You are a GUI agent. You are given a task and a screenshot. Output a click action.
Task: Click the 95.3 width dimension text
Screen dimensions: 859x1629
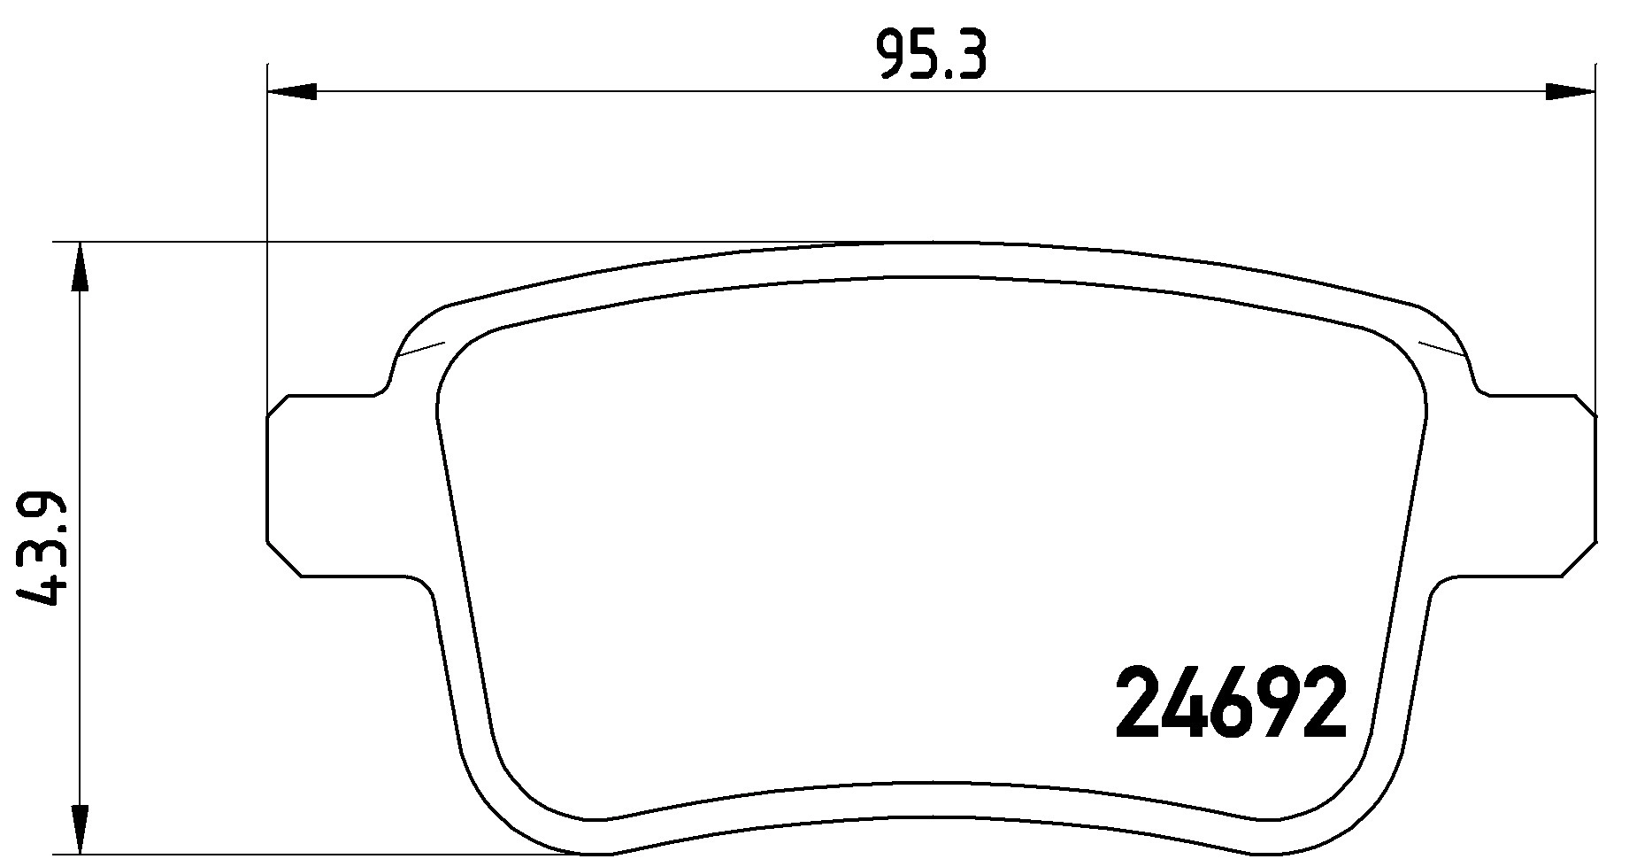[931, 57]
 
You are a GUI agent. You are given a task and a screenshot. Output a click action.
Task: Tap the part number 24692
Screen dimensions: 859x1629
[1231, 704]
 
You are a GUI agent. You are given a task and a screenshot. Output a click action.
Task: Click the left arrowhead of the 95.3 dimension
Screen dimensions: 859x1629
[292, 91]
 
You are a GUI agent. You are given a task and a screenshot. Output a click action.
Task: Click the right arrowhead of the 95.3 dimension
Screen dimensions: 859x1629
[1571, 91]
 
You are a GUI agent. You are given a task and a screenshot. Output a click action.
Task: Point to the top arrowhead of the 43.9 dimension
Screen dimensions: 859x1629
[80, 266]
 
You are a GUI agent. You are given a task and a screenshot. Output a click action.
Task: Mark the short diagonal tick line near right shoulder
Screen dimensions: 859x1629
[1442, 347]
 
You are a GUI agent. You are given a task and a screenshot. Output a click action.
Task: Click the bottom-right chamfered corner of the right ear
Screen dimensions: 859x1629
[1581, 558]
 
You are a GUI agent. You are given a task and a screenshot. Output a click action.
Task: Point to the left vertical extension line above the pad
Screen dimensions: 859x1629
[266, 221]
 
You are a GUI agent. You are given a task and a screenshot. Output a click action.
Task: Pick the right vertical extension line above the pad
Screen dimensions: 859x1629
[1596, 221]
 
